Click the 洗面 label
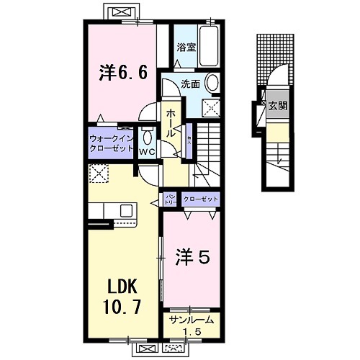(x=190, y=84)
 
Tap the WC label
(x=147, y=152)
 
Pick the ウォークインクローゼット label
(x=111, y=141)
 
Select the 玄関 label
(x=277, y=106)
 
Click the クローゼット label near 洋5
(x=201, y=197)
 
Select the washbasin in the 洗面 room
(x=214, y=84)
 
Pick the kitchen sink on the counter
(x=126, y=211)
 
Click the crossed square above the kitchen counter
(x=97, y=174)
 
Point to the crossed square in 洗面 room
(x=212, y=109)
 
